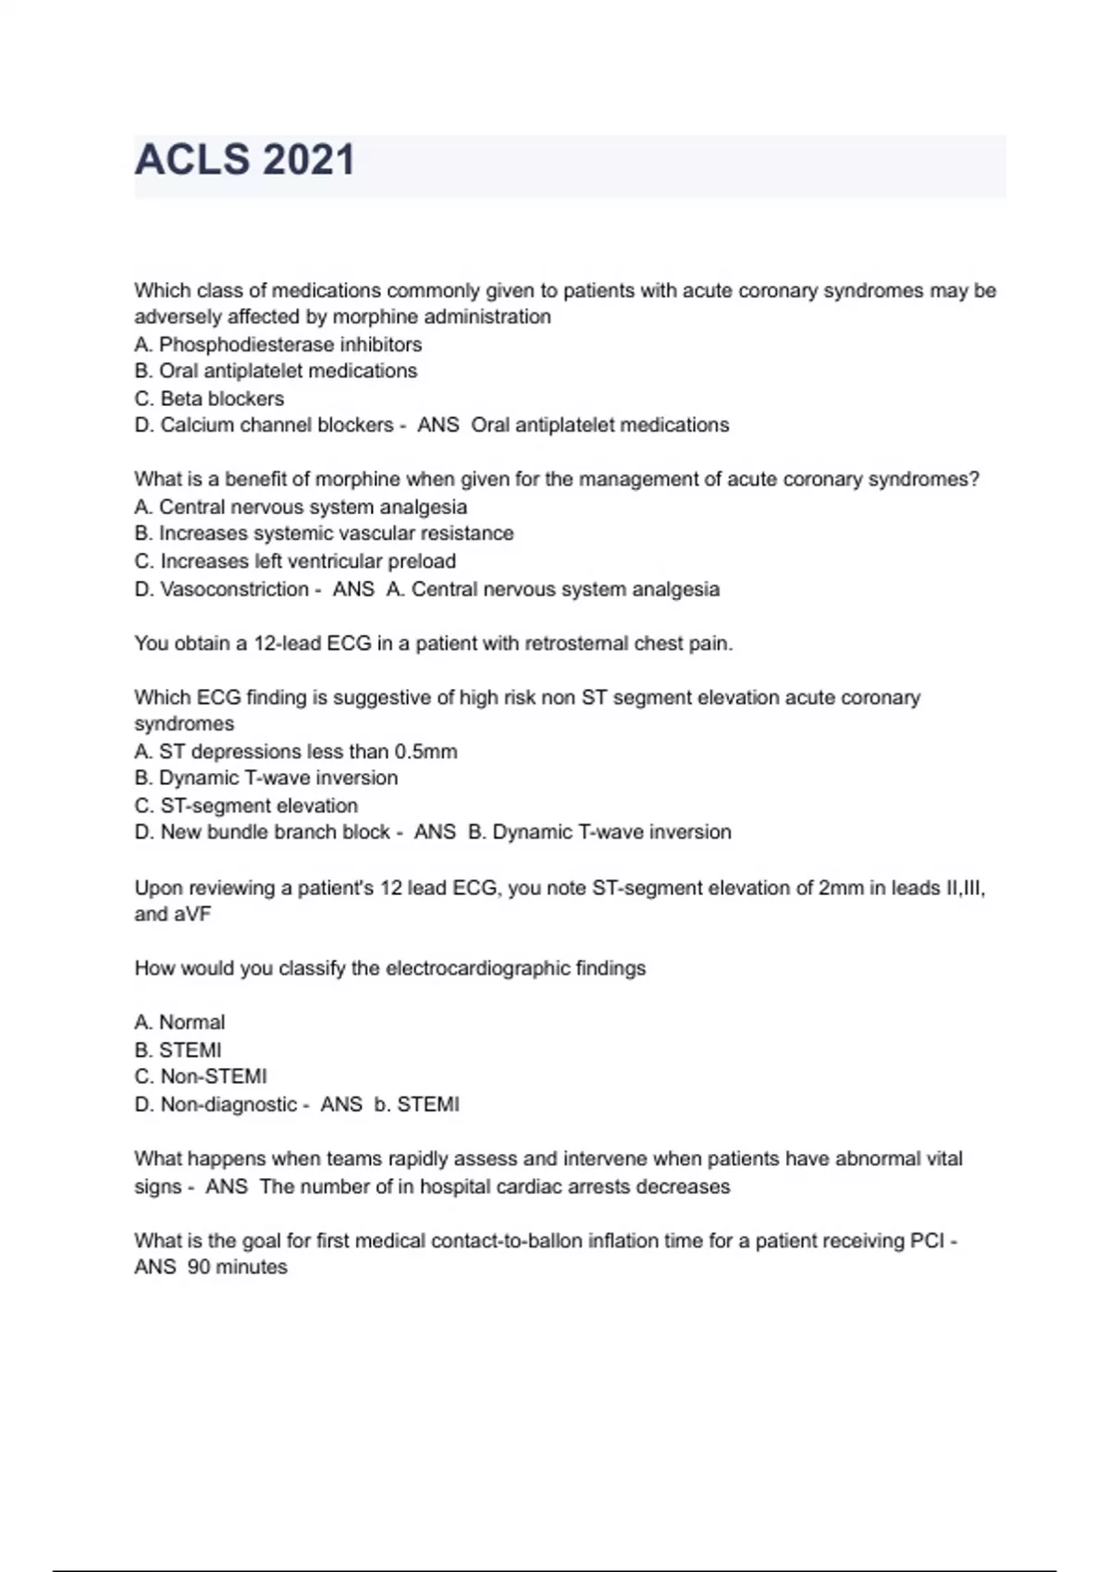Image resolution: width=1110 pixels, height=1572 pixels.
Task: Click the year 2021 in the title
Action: point(309,159)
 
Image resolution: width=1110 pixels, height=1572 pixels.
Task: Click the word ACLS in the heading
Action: point(192,159)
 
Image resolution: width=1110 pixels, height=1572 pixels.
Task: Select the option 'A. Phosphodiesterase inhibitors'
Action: point(277,344)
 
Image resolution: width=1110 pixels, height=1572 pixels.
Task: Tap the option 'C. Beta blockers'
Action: point(209,399)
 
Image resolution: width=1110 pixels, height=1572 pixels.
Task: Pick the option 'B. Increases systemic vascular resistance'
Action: point(324,534)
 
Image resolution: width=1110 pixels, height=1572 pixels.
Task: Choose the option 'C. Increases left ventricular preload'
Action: point(295,561)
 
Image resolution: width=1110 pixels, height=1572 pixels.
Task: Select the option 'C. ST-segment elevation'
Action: point(246,805)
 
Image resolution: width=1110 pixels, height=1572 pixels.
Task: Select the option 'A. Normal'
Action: point(179,1022)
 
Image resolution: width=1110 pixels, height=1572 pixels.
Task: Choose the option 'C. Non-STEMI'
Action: point(201,1076)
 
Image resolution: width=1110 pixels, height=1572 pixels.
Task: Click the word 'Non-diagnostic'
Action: point(228,1104)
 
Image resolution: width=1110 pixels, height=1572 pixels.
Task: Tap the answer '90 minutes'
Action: point(238,1267)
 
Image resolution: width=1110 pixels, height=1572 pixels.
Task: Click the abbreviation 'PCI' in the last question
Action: point(927,1240)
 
